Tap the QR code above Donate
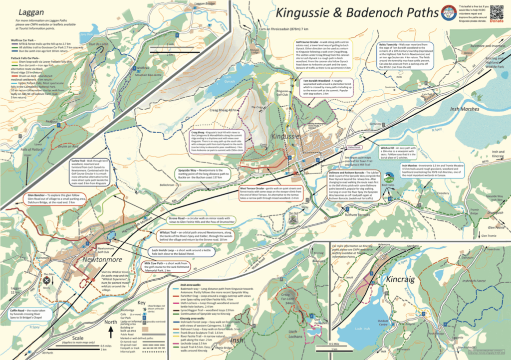click(x=497, y=11)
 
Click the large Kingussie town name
click(x=289, y=135)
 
